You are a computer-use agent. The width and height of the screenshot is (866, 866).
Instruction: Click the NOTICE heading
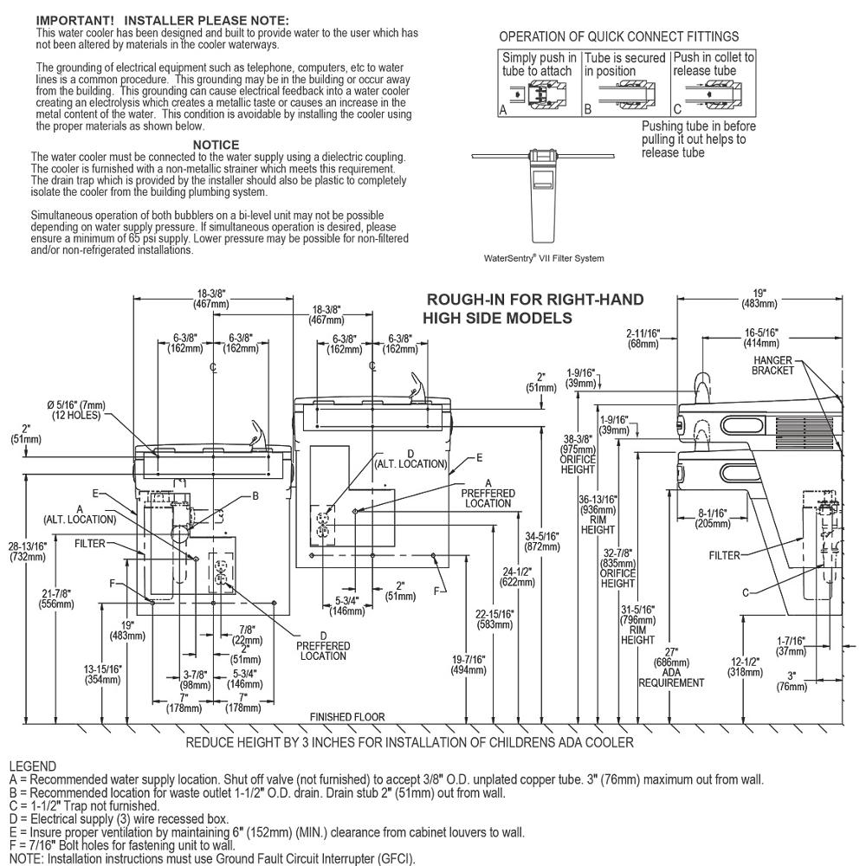point(216,145)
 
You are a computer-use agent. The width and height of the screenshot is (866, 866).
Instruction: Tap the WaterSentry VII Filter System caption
point(544,258)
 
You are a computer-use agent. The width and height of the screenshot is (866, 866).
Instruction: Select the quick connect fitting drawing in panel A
point(539,94)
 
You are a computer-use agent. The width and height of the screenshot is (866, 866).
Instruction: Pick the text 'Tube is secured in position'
point(624,65)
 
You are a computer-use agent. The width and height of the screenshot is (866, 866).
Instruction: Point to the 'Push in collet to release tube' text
point(714,64)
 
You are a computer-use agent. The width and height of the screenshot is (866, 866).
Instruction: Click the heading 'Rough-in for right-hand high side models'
point(533,309)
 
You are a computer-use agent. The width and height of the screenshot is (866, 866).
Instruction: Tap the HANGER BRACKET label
point(773,365)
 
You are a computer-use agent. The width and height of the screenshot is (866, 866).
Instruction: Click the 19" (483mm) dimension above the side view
point(760,298)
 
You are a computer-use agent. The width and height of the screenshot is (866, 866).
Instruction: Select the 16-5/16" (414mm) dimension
point(761,338)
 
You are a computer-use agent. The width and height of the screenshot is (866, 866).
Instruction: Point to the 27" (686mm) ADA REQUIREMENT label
point(671,668)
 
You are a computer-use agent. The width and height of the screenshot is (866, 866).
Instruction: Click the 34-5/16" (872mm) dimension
point(542,542)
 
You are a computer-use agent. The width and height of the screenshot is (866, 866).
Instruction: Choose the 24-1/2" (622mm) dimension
point(517,577)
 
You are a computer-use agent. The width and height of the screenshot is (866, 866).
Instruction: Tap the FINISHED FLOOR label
point(347,717)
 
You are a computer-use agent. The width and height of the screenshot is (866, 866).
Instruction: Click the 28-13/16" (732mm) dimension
point(28,551)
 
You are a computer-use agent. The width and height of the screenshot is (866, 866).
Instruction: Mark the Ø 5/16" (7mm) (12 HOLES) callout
point(76,410)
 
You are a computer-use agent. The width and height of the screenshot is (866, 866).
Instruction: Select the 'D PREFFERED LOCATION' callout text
point(323,646)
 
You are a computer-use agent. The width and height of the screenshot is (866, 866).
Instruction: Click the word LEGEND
point(33,766)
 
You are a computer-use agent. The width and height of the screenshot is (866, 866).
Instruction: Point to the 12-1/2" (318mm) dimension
point(745,667)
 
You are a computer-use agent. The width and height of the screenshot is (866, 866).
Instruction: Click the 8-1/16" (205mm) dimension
point(713,519)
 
